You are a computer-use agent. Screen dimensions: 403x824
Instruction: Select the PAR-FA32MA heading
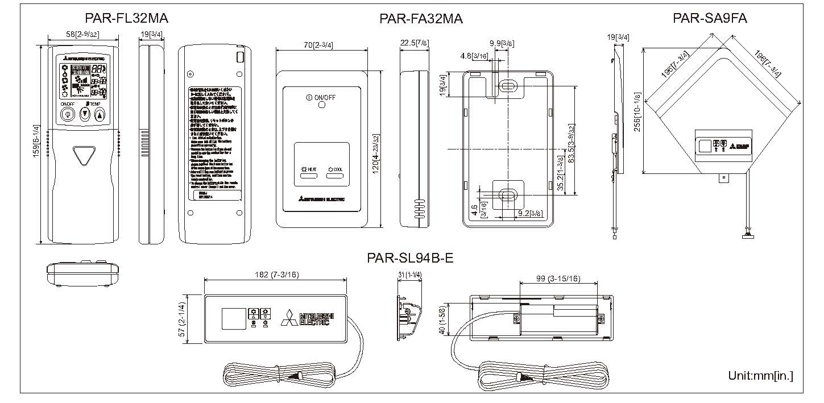point(421,19)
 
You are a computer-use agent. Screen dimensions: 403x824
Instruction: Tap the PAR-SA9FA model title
point(710,18)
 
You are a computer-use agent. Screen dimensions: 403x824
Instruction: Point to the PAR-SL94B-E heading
point(410,259)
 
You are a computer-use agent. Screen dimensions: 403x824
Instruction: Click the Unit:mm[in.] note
point(760,376)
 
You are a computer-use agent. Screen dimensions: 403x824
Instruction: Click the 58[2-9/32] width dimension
point(82,35)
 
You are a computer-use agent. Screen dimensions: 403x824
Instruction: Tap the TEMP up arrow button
point(100,114)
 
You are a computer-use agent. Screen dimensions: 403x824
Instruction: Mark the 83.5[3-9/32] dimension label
point(579,150)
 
